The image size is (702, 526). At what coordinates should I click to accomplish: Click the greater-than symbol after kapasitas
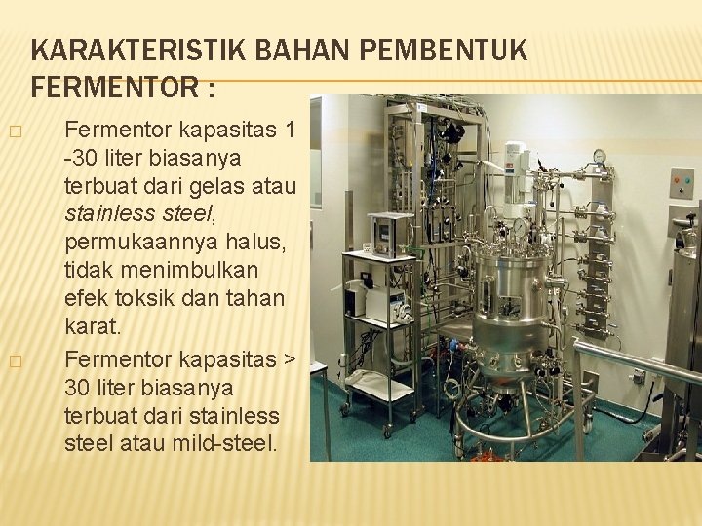pyautogui.click(x=288, y=359)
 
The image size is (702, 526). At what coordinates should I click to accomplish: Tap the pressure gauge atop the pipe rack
pyautogui.click(x=599, y=156)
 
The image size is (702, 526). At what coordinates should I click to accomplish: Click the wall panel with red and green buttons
pyautogui.click(x=682, y=182)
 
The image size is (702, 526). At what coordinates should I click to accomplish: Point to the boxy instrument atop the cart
pyautogui.click(x=390, y=234)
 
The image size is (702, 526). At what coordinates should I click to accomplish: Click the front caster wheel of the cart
pyautogui.click(x=388, y=429)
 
